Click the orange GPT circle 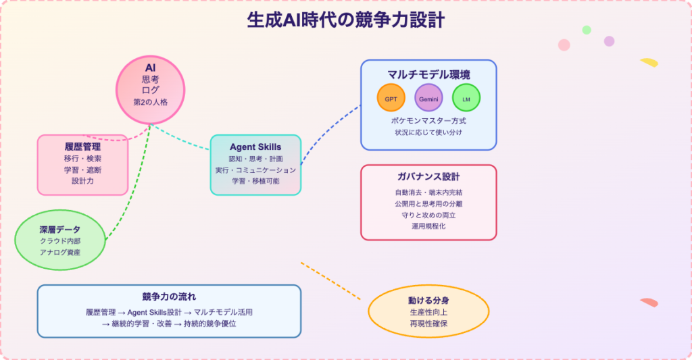[x=391, y=98]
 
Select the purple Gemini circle [x=428, y=98]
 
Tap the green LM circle [x=466, y=98]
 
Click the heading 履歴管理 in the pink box [x=82, y=146]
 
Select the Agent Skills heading [x=255, y=147]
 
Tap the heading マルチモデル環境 [x=428, y=74]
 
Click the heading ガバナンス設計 [x=428, y=177]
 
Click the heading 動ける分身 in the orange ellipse [x=428, y=299]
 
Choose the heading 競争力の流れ [x=169, y=297]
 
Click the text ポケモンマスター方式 [x=428, y=120]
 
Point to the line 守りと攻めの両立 [x=428, y=215]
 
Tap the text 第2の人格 [x=151, y=102]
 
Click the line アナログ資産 [x=60, y=252]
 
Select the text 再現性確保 [x=428, y=324]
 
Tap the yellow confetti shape [x=649, y=62]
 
